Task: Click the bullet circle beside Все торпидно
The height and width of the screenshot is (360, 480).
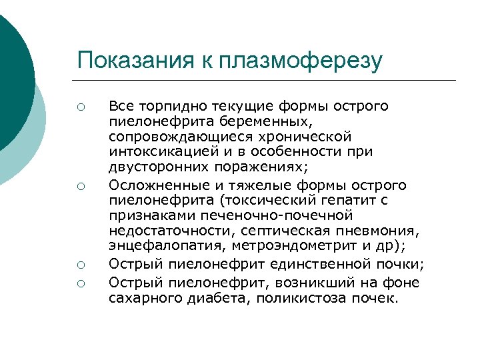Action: (x=81, y=107)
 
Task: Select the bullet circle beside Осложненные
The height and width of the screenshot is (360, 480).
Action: (x=81, y=184)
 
